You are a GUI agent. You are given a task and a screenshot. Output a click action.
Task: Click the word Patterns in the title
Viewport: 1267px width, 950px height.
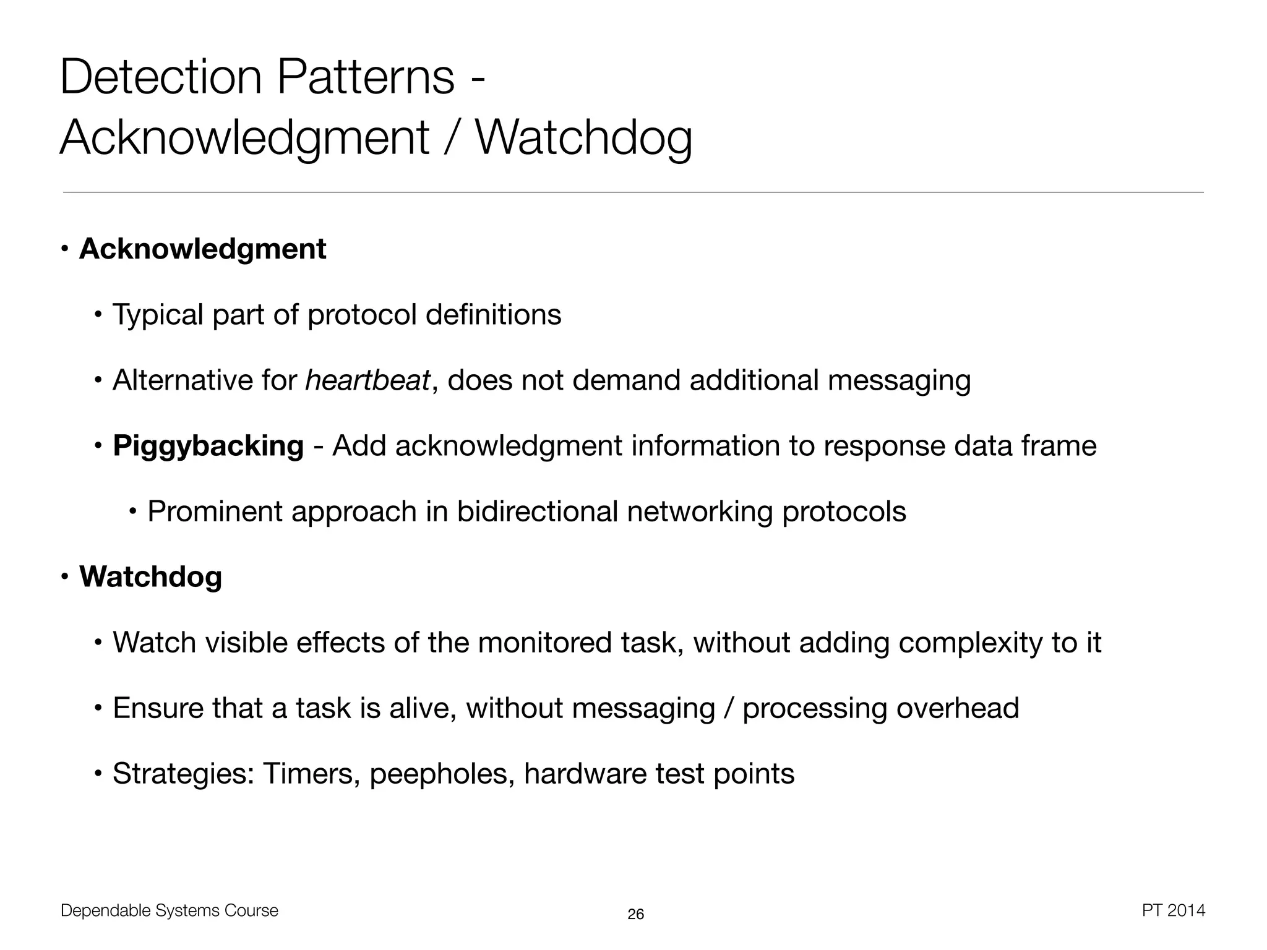(365, 77)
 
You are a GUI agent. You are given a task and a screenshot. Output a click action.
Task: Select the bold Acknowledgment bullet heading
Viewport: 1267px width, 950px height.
(202, 249)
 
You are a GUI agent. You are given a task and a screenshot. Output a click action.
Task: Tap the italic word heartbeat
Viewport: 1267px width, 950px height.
(367, 380)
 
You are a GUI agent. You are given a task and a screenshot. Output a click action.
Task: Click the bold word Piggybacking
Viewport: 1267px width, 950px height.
(208, 447)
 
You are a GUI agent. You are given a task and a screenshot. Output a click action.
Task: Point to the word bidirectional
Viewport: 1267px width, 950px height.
(537, 511)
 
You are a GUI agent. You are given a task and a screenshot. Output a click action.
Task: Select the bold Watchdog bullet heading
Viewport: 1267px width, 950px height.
(150, 577)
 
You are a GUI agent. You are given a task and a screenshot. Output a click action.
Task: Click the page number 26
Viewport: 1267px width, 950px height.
(635, 914)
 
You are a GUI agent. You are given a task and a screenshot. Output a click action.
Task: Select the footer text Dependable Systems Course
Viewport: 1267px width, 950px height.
(170, 910)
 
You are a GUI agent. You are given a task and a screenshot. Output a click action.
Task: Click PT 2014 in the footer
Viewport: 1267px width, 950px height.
(1174, 910)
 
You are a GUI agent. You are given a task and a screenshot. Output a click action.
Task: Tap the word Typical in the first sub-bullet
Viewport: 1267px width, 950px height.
(157, 315)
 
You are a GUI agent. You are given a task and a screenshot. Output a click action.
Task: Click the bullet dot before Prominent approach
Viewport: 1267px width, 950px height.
(132, 511)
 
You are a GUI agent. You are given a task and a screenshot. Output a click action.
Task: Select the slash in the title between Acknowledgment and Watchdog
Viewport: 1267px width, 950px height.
(452, 137)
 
